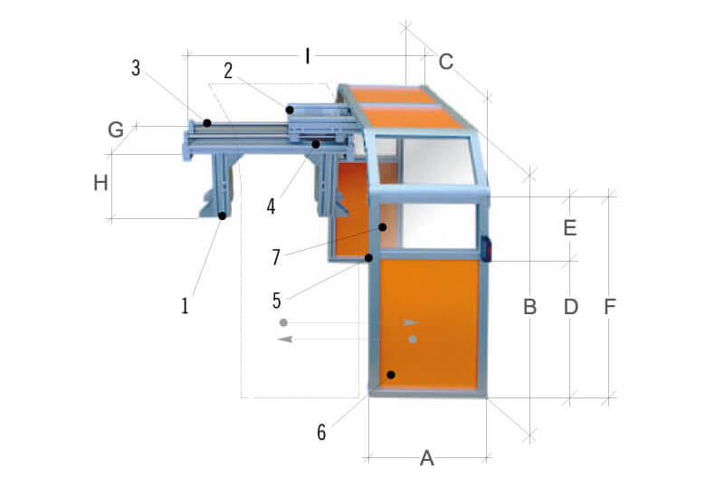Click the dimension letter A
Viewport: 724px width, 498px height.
427,459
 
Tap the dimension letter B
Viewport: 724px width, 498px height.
530,307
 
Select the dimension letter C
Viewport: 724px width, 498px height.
446,62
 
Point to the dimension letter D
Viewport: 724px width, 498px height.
570,307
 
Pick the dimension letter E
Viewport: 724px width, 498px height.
569,228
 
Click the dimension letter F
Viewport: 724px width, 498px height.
610,307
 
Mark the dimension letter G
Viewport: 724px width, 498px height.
116,130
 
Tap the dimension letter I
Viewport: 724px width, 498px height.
308,56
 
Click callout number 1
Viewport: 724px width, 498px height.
185,306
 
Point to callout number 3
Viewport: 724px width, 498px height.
136,68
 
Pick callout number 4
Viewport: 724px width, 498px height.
271,206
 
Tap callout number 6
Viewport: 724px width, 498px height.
321,432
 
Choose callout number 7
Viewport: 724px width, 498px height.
276,257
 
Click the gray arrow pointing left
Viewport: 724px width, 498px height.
286,339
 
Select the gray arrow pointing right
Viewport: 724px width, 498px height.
412,322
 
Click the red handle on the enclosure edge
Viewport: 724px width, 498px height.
486,248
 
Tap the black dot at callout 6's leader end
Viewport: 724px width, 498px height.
391,374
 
